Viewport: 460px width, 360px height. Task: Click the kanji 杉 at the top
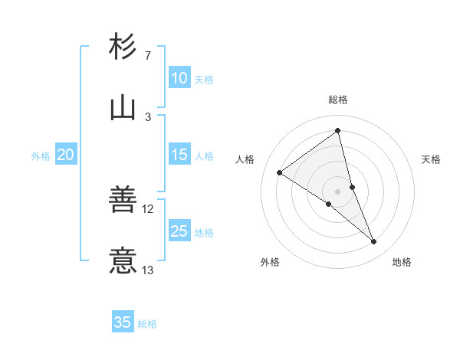coord(123,47)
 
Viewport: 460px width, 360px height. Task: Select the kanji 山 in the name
coord(123,108)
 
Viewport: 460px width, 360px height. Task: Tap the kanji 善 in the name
coord(123,199)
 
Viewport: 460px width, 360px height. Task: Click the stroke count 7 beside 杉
coord(147,56)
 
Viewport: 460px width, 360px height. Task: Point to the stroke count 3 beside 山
coord(147,117)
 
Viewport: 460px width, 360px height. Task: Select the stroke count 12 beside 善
coord(148,208)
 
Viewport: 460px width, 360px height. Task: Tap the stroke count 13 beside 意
coord(148,270)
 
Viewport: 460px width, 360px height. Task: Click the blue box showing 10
coord(179,78)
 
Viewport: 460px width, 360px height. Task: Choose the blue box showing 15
coord(179,155)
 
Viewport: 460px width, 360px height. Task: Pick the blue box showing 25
coord(179,231)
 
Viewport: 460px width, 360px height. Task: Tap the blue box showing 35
coord(123,322)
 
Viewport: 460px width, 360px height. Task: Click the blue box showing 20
coord(65,155)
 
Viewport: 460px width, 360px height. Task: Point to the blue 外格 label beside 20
coord(41,156)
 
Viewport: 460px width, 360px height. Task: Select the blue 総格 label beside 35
coord(147,324)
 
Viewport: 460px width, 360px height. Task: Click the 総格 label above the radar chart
coord(338,100)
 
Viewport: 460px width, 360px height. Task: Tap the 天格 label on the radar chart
coord(431,160)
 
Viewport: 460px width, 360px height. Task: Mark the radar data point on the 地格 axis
coord(374,242)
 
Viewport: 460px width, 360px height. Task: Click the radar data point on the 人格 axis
coord(279,173)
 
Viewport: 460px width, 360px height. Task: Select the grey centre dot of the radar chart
coord(338,191)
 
